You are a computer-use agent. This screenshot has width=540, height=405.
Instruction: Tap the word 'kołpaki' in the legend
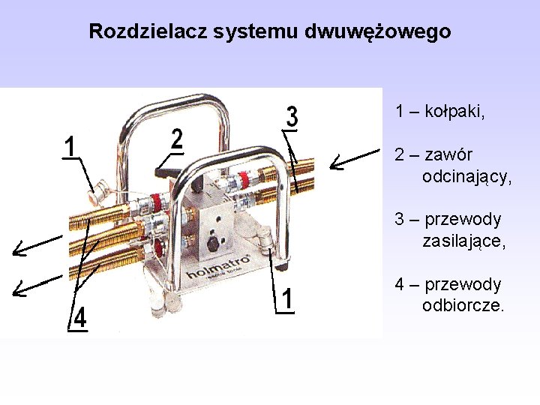pyautogui.click(x=453, y=112)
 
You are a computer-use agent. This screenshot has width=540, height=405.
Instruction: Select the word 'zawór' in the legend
pyautogui.click(x=448, y=155)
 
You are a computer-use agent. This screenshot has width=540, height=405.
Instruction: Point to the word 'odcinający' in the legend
pyautogui.click(x=466, y=177)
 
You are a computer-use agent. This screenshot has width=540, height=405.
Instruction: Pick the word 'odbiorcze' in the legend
pyautogui.click(x=463, y=306)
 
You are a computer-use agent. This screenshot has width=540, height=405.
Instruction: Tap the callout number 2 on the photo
pyautogui.click(x=177, y=139)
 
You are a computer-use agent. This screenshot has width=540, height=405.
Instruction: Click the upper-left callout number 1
pyautogui.click(x=70, y=146)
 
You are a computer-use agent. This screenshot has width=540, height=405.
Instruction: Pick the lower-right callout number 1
pyautogui.click(x=286, y=298)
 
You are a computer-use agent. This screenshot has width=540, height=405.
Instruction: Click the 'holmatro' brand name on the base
pyautogui.click(x=218, y=263)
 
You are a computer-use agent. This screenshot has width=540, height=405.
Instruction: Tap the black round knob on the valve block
pyautogui.click(x=212, y=244)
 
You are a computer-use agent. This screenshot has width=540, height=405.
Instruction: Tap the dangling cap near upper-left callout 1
pyautogui.click(x=94, y=197)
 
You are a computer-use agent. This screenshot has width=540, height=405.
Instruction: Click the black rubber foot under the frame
pyautogui.click(x=282, y=265)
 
